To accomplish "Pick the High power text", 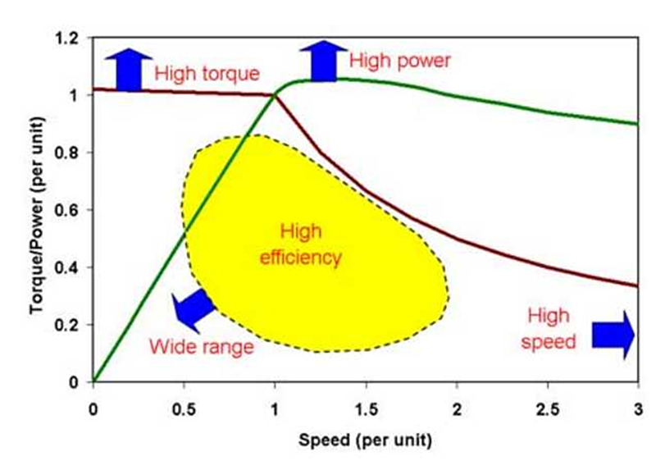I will pos(400,60).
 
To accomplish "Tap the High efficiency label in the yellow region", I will pos(299,244).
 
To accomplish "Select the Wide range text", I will pos(201,346).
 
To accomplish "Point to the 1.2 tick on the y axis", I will pos(71,38).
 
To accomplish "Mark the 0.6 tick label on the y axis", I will pos(71,210).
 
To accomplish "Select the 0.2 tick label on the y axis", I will pos(71,325).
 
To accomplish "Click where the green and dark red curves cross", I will pos(273,95).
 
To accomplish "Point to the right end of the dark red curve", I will pos(637,286).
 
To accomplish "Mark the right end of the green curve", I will pos(637,124).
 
